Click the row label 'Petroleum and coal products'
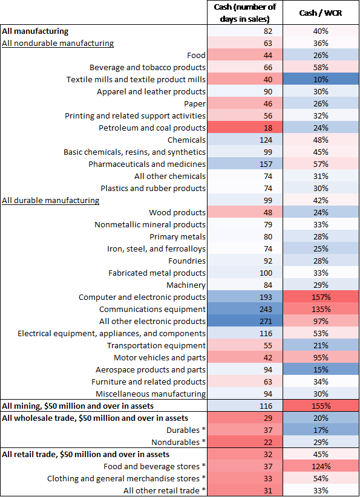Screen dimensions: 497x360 click(x=152, y=128)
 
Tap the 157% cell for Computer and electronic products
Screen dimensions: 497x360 click(x=321, y=297)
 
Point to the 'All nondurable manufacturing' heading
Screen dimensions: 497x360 click(x=58, y=43)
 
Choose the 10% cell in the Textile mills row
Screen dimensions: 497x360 click(x=321, y=79)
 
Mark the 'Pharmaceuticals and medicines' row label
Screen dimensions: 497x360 click(x=147, y=164)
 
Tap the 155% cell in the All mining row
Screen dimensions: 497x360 click(x=321, y=406)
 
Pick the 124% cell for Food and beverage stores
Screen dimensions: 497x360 click(x=321, y=466)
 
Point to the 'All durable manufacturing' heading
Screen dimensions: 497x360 click(x=51, y=200)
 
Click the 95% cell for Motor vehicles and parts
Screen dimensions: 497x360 click(x=321, y=357)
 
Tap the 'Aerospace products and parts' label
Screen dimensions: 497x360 click(x=151, y=369)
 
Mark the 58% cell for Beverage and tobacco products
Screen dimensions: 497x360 click(x=321, y=67)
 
